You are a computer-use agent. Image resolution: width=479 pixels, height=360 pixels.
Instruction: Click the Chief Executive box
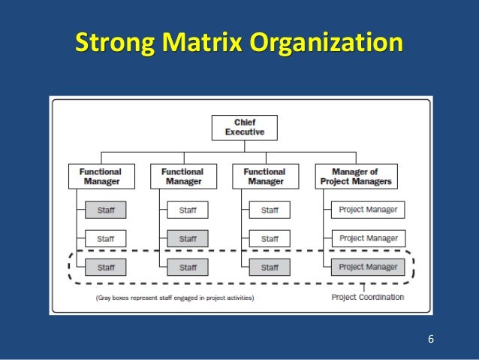(245, 127)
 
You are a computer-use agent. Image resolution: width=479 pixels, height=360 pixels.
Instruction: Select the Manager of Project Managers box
(354, 177)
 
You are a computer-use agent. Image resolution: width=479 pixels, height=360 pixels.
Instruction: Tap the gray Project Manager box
(369, 267)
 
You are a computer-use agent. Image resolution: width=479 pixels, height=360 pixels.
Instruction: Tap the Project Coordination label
(368, 298)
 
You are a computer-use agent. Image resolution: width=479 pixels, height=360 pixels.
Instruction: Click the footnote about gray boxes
(174, 298)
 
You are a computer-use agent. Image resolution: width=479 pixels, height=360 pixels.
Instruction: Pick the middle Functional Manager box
(182, 177)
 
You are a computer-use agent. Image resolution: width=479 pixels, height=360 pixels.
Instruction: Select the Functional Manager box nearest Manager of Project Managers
(265, 177)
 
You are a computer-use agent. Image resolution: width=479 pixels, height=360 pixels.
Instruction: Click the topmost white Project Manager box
(369, 210)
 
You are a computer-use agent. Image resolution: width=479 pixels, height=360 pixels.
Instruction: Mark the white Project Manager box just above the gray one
(369, 238)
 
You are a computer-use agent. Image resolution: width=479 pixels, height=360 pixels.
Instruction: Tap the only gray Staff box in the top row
(106, 210)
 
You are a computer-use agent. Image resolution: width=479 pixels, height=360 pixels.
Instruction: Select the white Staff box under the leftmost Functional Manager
(106, 239)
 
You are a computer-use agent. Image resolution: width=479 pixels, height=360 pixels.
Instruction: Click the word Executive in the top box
(245, 132)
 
